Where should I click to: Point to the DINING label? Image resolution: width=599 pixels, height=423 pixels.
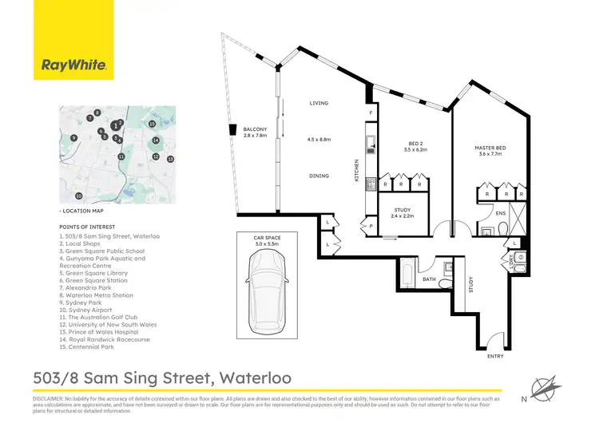(320, 175)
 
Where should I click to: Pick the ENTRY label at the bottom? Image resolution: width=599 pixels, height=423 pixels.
(496, 356)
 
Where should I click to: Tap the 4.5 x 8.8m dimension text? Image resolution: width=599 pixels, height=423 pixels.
(320, 140)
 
